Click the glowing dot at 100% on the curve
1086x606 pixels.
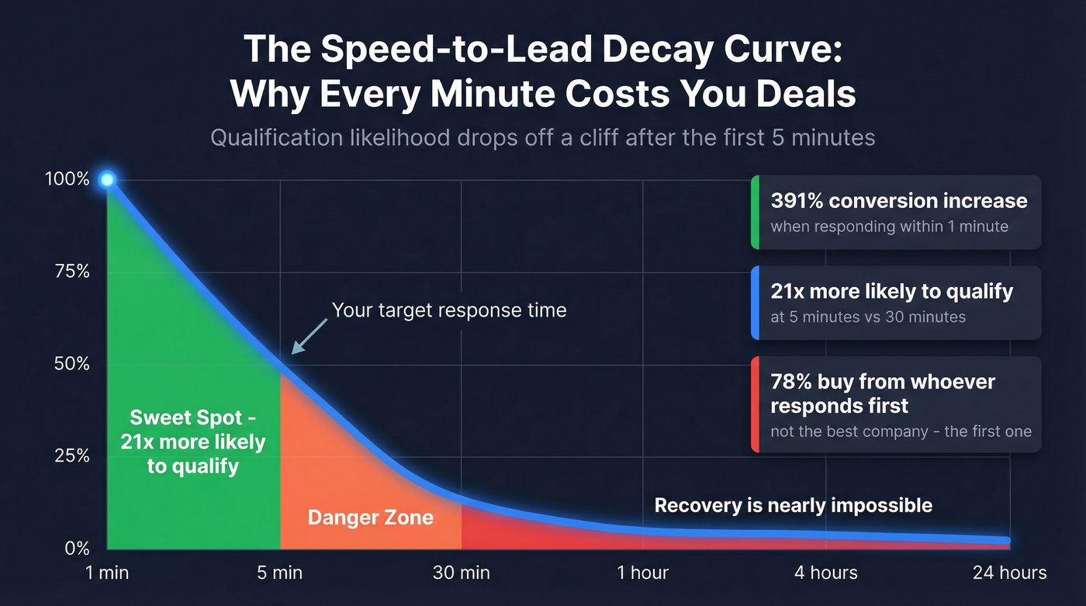pyautogui.click(x=107, y=180)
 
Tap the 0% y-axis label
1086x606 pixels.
pyautogui.click(x=76, y=549)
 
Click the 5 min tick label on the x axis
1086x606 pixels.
pyautogui.click(x=279, y=573)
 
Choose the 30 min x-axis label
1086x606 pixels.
pyautogui.click(x=461, y=573)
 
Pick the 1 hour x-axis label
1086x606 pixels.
pyautogui.click(x=642, y=573)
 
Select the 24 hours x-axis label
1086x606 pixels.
pyautogui.click(x=1009, y=573)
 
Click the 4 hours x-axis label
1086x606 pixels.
pyautogui.click(x=825, y=573)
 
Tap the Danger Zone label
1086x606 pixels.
pyautogui.click(x=370, y=518)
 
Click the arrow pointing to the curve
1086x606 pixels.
pyautogui.click(x=308, y=338)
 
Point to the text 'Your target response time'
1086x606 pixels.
pyautogui.click(x=449, y=310)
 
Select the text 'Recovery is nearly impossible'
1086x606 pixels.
pyautogui.click(x=793, y=506)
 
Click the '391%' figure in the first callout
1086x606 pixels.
pyautogui.click(x=797, y=201)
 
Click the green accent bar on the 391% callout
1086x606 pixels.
pyautogui.click(x=754, y=213)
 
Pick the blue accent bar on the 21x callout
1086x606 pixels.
pyautogui.click(x=754, y=303)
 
